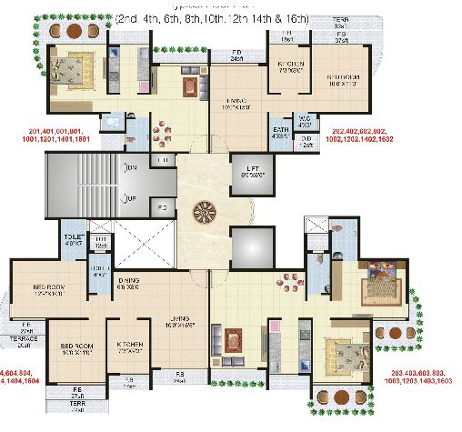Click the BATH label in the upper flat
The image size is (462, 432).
click(x=281, y=131)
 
